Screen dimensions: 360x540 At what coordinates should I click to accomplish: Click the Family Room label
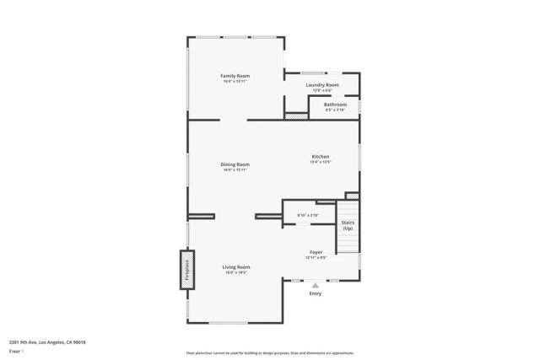(x=235, y=76)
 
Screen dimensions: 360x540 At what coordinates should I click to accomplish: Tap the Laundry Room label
(x=321, y=84)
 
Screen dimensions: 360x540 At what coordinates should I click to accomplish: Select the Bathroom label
(x=335, y=105)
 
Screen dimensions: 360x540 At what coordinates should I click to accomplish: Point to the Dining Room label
(x=235, y=164)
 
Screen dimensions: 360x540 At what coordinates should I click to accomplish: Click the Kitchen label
(x=321, y=156)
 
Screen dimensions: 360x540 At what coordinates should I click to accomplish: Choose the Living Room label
(x=236, y=266)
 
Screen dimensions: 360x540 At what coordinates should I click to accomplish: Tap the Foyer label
(x=316, y=252)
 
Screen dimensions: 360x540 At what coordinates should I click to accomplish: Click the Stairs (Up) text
(x=348, y=225)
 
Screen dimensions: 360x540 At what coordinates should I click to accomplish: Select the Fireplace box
(x=186, y=270)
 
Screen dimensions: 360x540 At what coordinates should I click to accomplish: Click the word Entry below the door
(x=316, y=293)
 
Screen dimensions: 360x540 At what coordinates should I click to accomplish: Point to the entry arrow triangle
(x=316, y=285)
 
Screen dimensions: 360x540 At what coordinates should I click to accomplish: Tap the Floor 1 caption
(x=16, y=351)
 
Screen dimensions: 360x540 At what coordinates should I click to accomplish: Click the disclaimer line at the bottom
(x=270, y=353)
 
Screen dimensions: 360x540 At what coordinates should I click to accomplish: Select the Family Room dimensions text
(x=235, y=81)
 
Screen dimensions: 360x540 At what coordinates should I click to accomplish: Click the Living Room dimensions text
(x=236, y=272)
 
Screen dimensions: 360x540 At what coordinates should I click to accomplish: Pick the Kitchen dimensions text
(x=321, y=162)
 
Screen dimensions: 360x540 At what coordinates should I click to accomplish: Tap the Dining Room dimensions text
(x=235, y=169)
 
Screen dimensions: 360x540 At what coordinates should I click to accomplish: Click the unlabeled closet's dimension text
(x=308, y=215)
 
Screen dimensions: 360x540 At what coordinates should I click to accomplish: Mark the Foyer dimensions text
(x=316, y=257)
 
